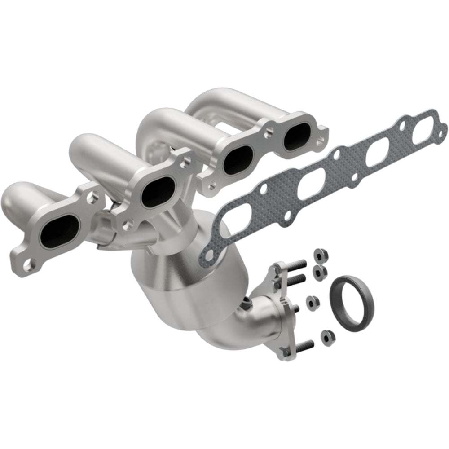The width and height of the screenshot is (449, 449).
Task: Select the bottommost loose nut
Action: tap(324, 335)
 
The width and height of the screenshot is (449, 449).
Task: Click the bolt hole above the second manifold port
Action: tap(183, 158)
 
